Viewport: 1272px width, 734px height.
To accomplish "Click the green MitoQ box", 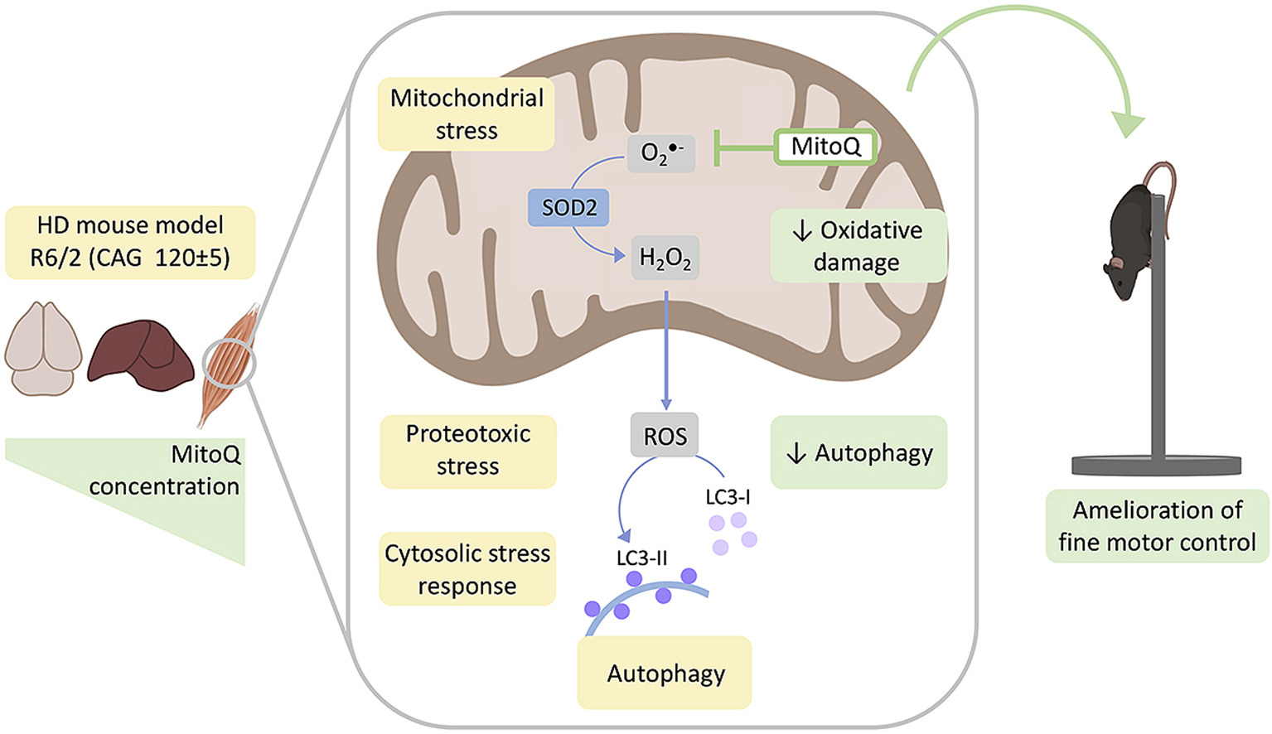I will click(825, 147).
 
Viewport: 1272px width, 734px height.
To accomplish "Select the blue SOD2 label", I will click(568, 208).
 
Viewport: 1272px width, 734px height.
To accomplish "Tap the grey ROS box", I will click(665, 436).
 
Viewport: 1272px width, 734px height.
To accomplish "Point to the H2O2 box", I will click(665, 258).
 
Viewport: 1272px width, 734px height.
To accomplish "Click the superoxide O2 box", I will click(660, 152).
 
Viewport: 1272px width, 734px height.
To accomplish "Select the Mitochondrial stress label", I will click(467, 114).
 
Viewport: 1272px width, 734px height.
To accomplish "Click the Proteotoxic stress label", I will click(468, 451).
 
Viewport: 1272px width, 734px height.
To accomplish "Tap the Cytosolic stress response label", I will click(467, 569).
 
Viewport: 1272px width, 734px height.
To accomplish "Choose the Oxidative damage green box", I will click(858, 246).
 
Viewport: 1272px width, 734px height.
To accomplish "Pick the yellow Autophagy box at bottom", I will click(665, 673).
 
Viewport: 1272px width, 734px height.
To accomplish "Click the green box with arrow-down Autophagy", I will click(858, 452).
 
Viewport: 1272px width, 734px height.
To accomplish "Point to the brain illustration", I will click(43, 348).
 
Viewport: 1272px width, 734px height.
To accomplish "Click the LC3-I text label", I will click(728, 497).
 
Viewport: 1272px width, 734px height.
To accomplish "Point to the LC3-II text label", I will click(641, 558).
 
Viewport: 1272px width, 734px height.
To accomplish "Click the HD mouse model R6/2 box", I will click(130, 242).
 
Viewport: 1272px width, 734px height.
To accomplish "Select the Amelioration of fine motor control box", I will click(1157, 526).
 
